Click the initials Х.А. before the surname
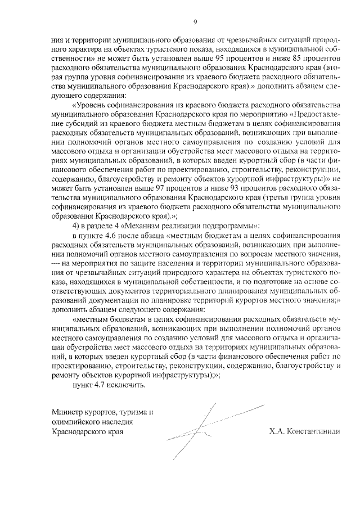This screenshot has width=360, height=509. point(277,432)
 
